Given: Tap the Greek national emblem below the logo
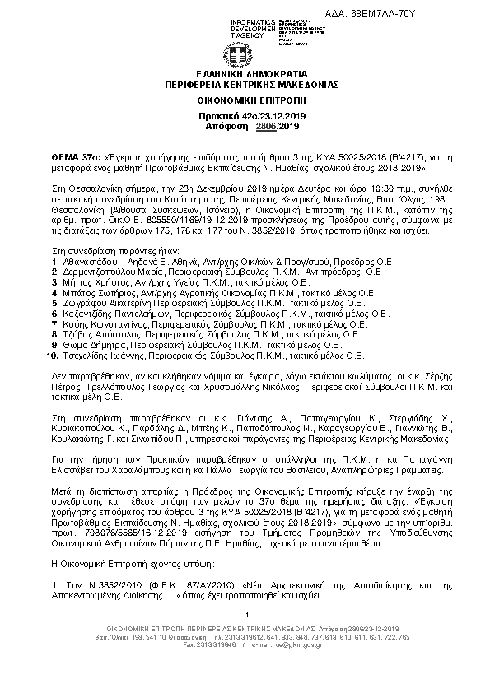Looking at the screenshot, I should pyautogui.click(x=245, y=58).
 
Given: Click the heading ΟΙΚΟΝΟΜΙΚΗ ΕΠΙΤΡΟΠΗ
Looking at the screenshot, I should pyautogui.click(x=245, y=100).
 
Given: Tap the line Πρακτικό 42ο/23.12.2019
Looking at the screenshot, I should pyautogui.click(x=245, y=117).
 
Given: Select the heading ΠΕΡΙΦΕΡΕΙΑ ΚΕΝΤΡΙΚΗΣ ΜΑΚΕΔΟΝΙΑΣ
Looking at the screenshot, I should pyautogui.click(x=245, y=86).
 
